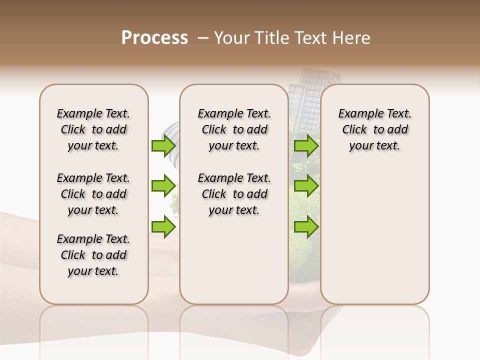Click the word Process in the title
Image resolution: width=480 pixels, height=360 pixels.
154,37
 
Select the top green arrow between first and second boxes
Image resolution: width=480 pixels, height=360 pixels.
163,145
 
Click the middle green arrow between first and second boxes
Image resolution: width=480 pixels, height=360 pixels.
163,186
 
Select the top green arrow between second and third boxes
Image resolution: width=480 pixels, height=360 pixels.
306,145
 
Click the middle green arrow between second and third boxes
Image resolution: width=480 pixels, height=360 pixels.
306,186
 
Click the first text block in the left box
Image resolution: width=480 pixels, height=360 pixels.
93,129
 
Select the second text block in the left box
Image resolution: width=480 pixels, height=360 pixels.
93,194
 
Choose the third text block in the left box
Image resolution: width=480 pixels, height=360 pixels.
93,255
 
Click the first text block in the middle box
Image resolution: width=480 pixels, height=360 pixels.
234,129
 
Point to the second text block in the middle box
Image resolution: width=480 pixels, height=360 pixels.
234,194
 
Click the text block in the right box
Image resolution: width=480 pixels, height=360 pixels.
374,129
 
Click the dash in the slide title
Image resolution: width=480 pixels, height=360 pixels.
203,38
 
